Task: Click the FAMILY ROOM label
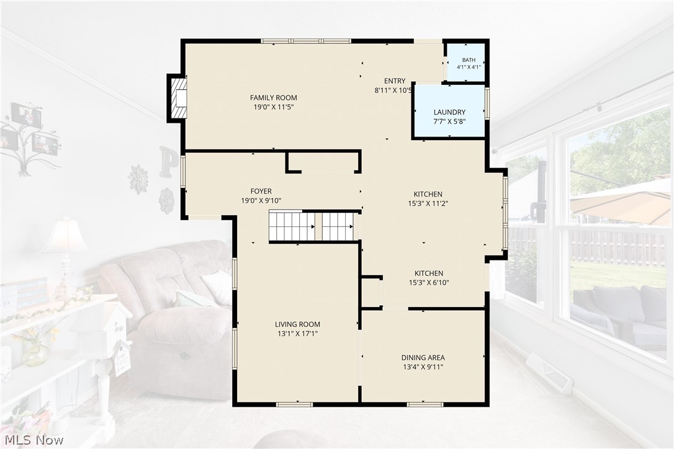(x=273, y=97)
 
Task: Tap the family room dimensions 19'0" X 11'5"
(x=273, y=107)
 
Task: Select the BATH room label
(x=469, y=60)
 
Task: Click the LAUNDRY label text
(x=449, y=112)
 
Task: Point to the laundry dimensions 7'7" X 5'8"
(x=449, y=122)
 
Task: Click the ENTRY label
(x=395, y=81)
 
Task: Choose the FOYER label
(x=261, y=191)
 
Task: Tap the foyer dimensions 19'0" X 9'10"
(x=261, y=200)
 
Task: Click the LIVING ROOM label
(x=297, y=324)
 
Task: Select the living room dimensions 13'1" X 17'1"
(x=297, y=334)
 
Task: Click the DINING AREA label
(x=423, y=357)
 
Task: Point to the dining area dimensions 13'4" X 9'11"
(x=423, y=367)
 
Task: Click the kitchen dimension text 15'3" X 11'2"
(x=428, y=203)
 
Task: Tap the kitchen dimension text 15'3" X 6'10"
(x=429, y=283)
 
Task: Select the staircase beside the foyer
(x=313, y=226)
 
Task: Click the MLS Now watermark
(x=33, y=440)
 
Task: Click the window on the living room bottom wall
(x=294, y=404)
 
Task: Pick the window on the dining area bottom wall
(x=425, y=404)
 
